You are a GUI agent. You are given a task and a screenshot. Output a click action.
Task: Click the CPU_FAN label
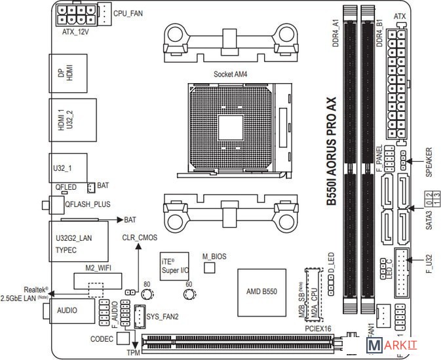coord(129,13)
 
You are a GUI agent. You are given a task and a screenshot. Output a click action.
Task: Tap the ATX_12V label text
coord(75,31)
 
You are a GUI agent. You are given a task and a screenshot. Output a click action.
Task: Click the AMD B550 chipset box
coord(261,291)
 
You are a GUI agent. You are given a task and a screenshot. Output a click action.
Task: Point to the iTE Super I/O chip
coord(175,265)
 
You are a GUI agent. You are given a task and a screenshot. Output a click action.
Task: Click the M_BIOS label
coord(214,256)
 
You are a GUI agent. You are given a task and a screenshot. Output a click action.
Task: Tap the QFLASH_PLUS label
coord(88,204)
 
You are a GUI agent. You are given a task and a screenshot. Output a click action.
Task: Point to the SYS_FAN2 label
coord(163,317)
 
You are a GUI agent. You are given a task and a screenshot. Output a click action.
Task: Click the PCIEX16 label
coord(318,329)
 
